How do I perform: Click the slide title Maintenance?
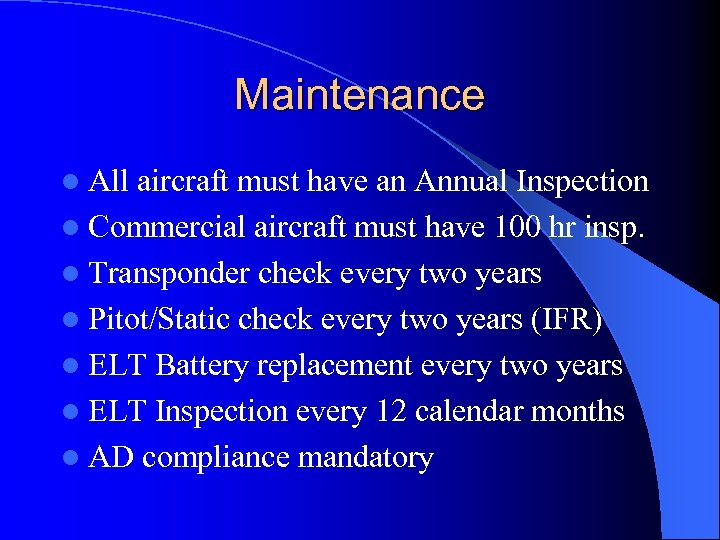(359, 95)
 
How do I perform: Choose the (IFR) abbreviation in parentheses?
(565, 320)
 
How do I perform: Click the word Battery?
(202, 366)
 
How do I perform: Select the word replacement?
(334, 366)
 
